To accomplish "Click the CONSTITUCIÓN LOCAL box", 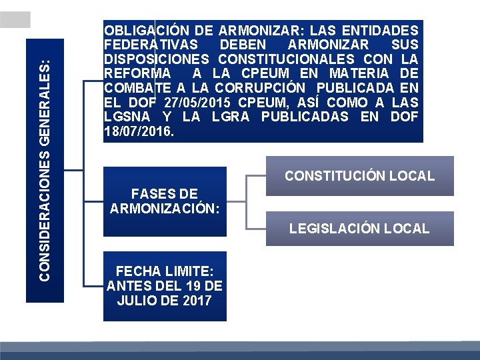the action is (359, 176).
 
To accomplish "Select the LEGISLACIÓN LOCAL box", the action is (359, 229).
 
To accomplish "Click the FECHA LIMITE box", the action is (165, 286).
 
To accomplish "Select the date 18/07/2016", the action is (137, 131).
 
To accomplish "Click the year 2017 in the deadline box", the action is (197, 301).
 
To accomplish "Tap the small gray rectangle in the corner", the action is (15, 19).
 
